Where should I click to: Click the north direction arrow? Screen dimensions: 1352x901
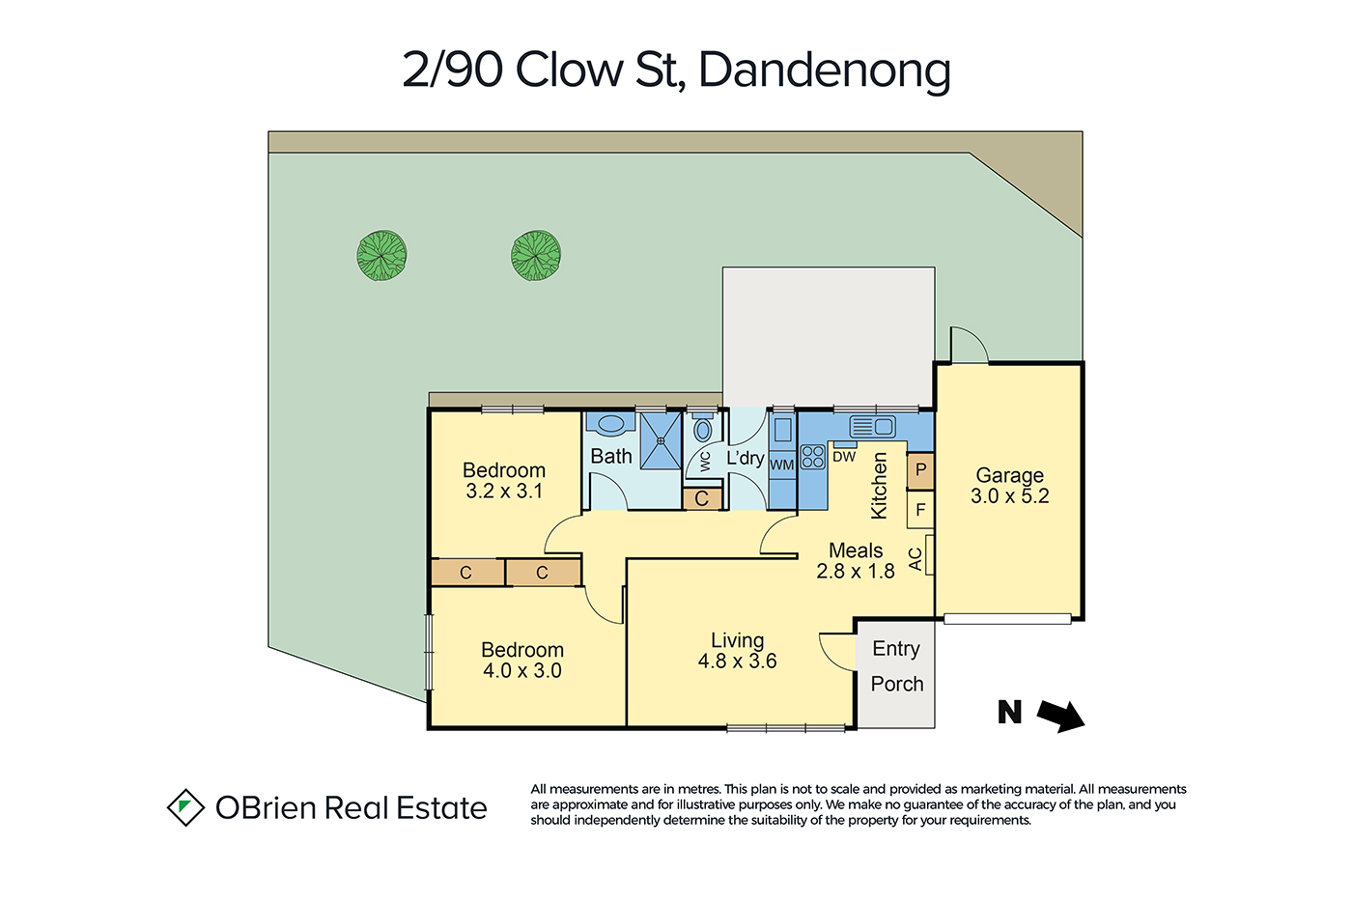coord(1061,716)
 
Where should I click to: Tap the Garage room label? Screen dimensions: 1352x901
coord(1010,475)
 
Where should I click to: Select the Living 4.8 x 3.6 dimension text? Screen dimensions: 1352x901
coord(737,662)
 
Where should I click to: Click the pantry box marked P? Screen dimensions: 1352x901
coord(920,470)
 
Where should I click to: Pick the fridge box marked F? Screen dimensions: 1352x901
coord(920,510)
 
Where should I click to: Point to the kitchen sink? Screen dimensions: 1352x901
coord(872,427)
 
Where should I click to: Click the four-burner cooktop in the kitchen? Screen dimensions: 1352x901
coord(813,457)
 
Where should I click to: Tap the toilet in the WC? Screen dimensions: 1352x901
coord(702,427)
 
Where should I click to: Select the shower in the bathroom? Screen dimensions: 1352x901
coord(661,440)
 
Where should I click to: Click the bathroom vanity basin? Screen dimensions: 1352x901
coord(610,424)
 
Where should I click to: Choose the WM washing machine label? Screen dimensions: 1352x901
coord(782,465)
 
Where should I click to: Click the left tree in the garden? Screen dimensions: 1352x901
coord(381,255)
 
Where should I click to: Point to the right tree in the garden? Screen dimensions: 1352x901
coord(536,255)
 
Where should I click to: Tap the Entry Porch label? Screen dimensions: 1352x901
coord(897,666)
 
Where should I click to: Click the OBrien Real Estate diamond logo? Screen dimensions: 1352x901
coord(185,807)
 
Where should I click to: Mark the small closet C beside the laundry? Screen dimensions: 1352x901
coord(702,499)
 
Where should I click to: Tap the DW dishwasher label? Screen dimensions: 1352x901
coord(844,457)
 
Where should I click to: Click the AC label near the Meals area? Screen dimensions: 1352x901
coord(915,559)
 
